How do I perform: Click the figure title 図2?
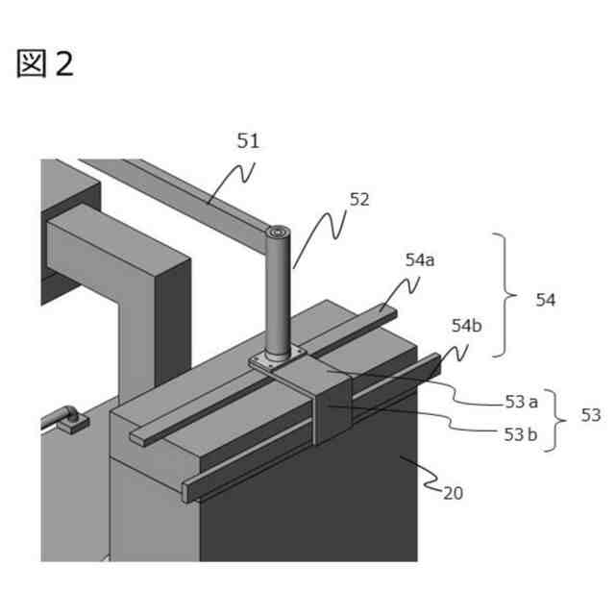44,63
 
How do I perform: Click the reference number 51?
248,141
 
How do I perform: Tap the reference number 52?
359,200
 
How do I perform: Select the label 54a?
420,259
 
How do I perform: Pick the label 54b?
467,325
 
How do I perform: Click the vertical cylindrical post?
279,298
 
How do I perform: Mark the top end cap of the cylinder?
279,234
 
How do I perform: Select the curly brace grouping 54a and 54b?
505,295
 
